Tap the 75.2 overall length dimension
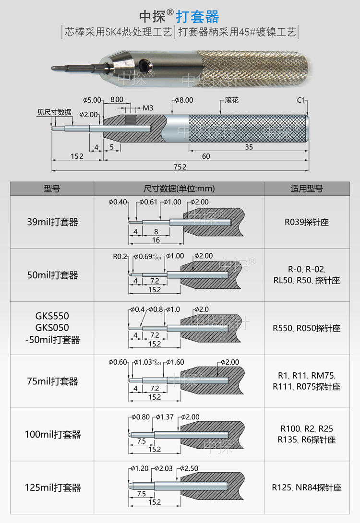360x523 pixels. [180, 166]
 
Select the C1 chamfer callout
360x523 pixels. [301, 100]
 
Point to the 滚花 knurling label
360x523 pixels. [231, 101]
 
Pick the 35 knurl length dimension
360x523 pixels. [249, 147]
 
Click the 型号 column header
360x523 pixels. [52, 189]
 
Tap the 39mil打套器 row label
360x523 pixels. [52, 222]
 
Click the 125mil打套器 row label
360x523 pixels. [52, 488]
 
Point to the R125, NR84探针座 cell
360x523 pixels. [307, 488]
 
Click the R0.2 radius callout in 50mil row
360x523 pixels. [120, 256]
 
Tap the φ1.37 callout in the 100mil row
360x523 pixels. [164, 417]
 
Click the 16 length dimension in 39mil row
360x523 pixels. [156, 240]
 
